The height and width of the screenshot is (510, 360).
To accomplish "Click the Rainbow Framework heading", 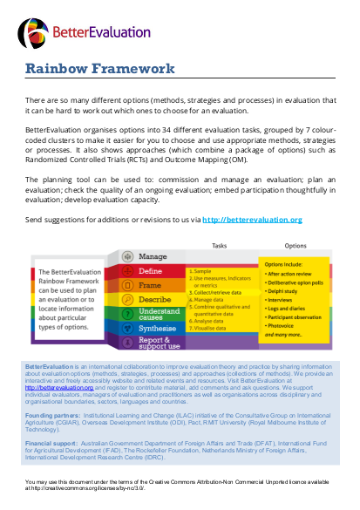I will [x=99, y=69].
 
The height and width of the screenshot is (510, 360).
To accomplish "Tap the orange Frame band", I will [x=153, y=285].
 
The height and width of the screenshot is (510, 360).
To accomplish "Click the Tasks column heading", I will [x=221, y=246].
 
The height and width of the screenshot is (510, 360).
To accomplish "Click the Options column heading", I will [x=295, y=246].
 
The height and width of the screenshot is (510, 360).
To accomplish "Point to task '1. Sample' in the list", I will [x=206, y=272].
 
